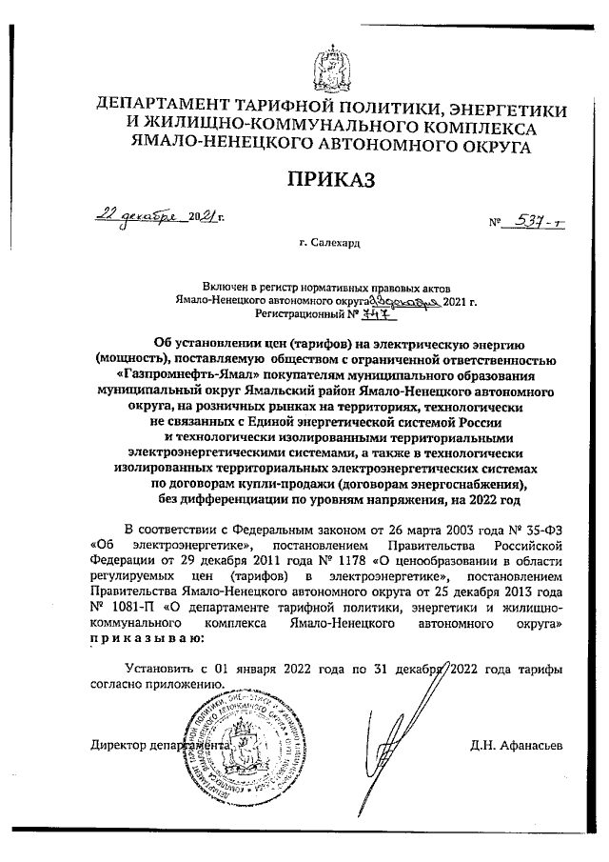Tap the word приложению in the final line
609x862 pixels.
click(194, 683)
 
